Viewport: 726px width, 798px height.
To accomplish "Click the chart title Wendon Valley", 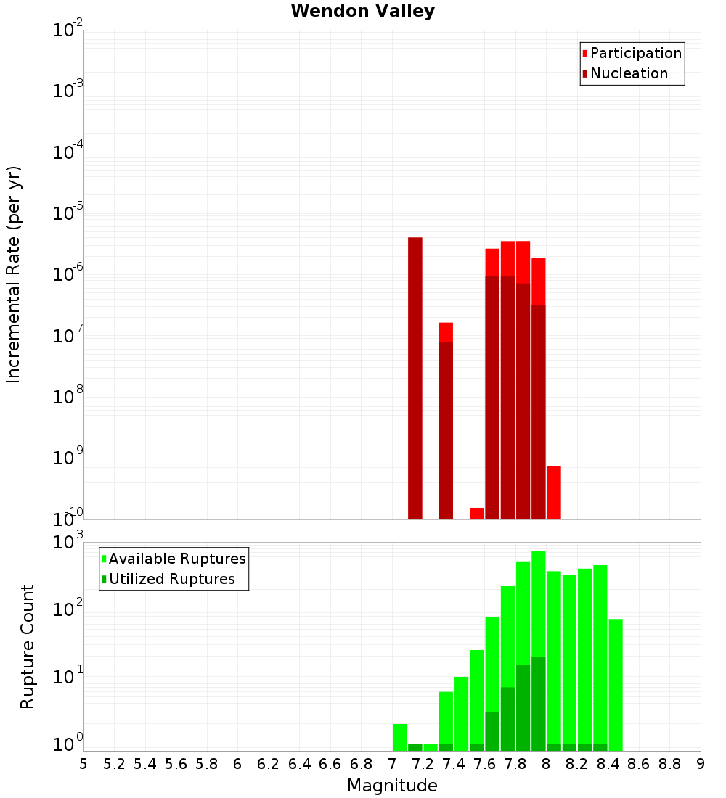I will coord(362,11).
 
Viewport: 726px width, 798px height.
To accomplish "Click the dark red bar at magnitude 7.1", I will coord(415,377).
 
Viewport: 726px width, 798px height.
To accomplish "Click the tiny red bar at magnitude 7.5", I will coord(477,514).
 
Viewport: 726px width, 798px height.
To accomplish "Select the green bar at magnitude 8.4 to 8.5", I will coord(616,682).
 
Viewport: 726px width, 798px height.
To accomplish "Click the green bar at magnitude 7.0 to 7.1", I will coord(399,736).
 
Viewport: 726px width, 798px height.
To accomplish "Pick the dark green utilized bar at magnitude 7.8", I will coord(523,718).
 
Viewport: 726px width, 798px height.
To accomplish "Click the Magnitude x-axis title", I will coord(392,786).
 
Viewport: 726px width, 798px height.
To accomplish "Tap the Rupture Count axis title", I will coord(28,646).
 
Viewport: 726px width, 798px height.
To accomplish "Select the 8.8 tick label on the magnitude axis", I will coord(669,764).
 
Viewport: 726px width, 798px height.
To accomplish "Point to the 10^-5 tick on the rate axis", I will coord(68,213).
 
